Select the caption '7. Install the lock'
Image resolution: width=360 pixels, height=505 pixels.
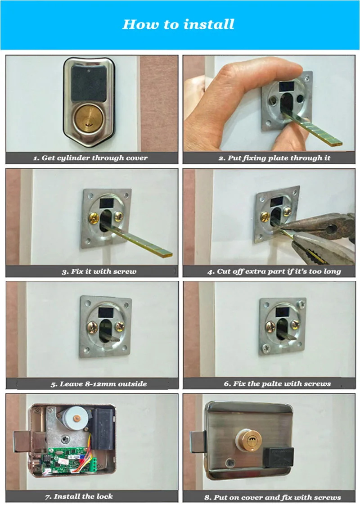pyautogui.click(x=79, y=496)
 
